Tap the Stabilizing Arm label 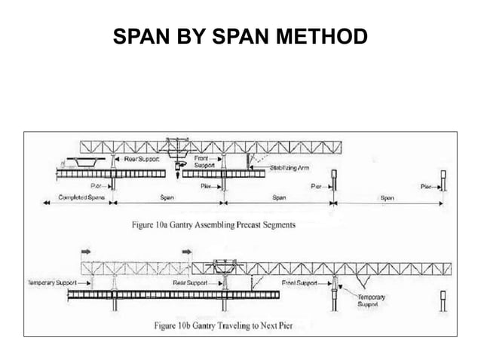pyautogui.click(x=290, y=169)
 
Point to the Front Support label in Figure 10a pyautogui.click(x=205, y=163)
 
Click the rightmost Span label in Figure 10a pyautogui.click(x=388, y=199)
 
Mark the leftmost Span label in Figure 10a pyautogui.click(x=169, y=199)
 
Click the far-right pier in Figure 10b pyautogui.click(x=443, y=301)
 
